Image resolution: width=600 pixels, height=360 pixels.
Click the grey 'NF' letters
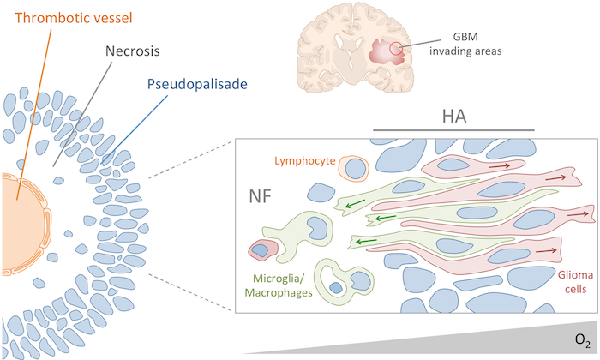pos(262,194)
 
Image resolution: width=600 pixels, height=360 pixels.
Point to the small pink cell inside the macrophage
pos(259,251)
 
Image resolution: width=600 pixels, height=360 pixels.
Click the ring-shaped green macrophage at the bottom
pos(346,280)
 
